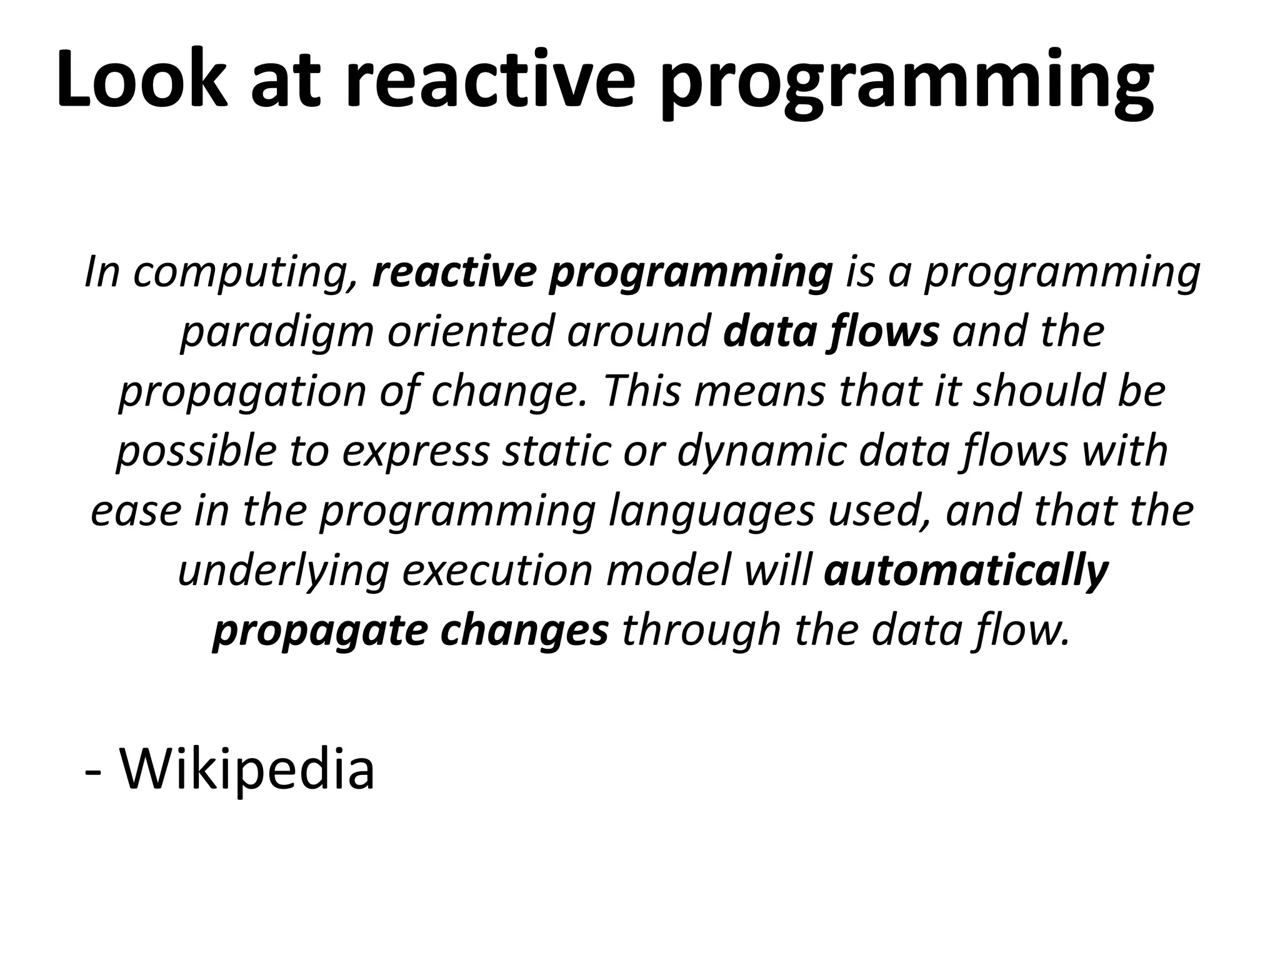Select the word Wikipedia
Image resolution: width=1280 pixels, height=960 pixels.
[x=247, y=769]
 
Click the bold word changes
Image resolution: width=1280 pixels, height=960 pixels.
[x=524, y=631]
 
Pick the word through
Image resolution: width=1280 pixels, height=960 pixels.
[x=701, y=631]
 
